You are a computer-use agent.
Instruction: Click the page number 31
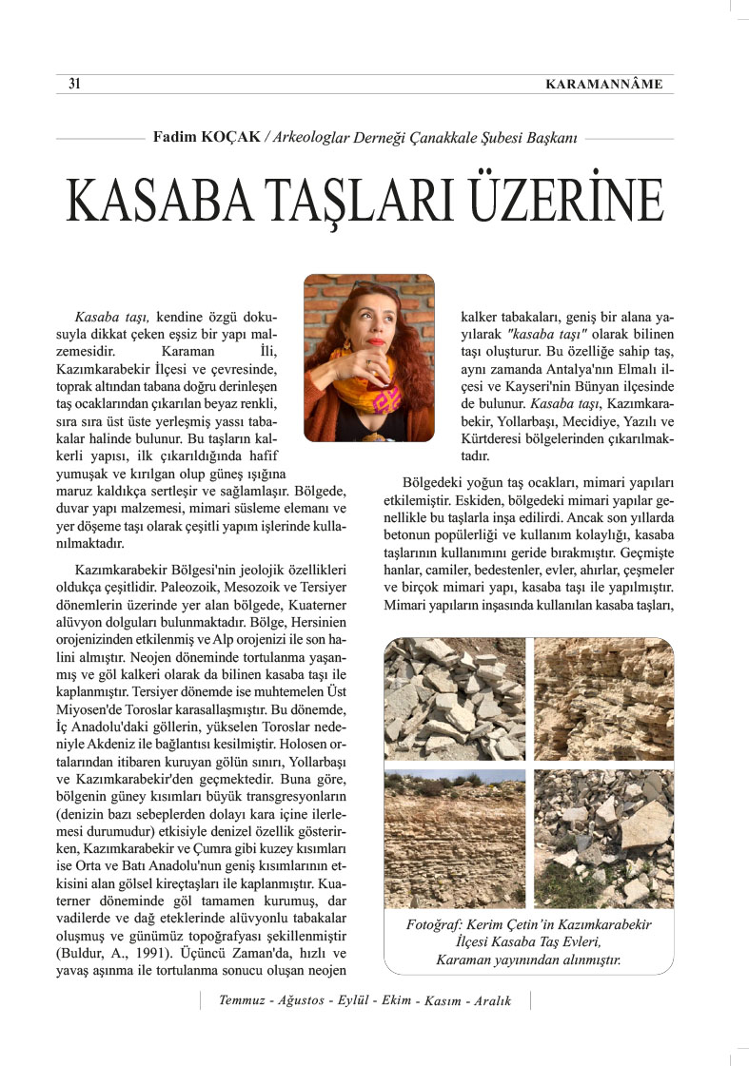tap(73, 84)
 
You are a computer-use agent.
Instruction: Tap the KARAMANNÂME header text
tap(604, 85)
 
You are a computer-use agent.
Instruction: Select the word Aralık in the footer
tap(488, 1002)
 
